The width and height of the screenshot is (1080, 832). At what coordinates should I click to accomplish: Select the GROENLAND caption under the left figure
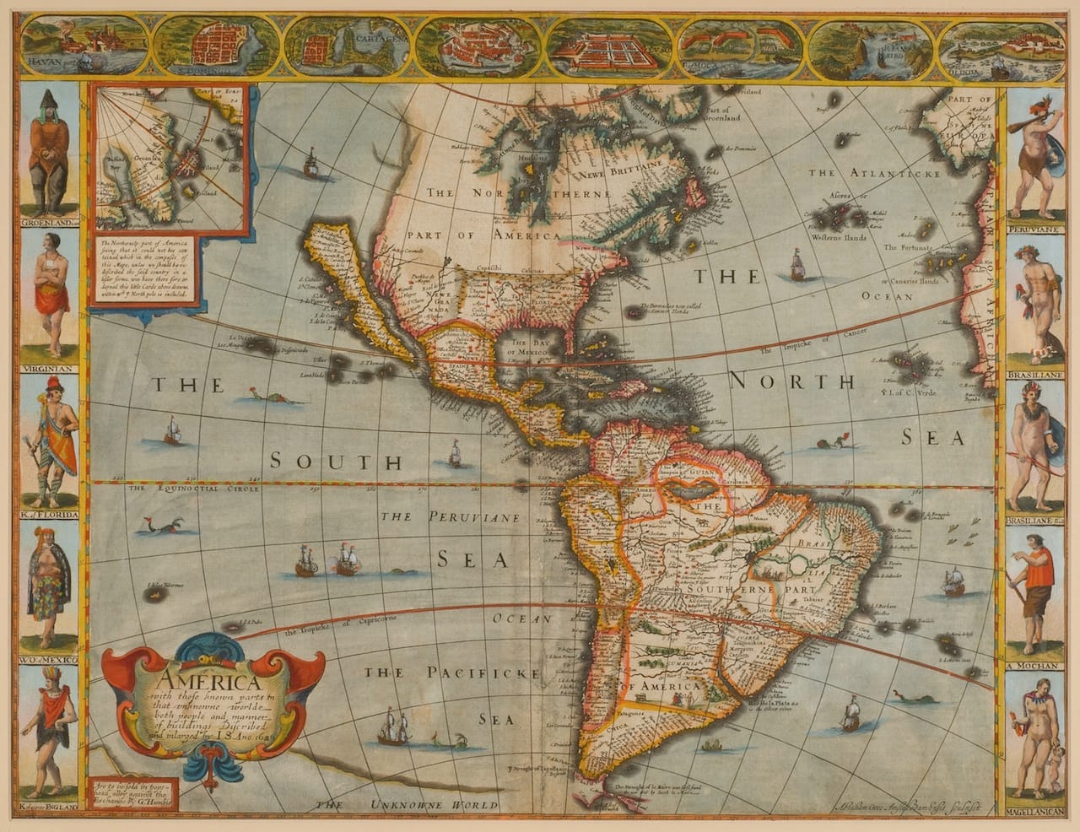pos(47,223)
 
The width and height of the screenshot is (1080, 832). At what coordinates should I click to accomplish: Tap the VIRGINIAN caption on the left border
pos(47,369)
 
